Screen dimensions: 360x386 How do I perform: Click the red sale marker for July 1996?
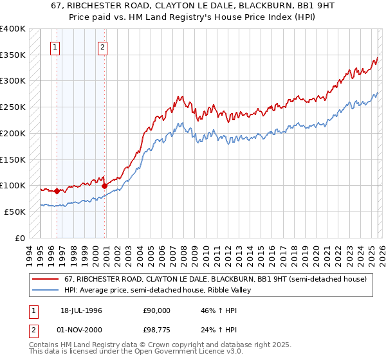(x=57, y=191)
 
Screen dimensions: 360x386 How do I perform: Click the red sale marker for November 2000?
(x=104, y=186)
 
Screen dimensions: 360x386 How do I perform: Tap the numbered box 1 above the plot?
(x=55, y=46)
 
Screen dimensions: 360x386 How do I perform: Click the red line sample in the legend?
(x=46, y=279)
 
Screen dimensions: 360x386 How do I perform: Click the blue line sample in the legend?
(x=46, y=290)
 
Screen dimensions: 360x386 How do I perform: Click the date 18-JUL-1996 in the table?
(x=81, y=310)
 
